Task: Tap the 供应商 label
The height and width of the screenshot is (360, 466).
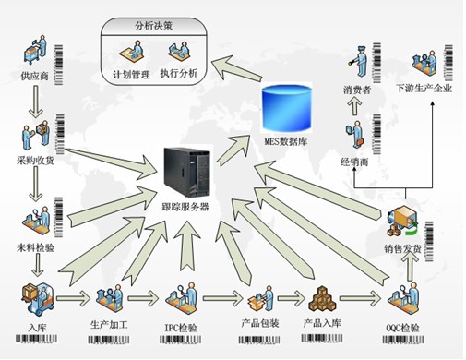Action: (x=31, y=71)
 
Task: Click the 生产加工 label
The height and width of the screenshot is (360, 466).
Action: (x=110, y=325)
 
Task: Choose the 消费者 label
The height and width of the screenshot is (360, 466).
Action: (x=357, y=89)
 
